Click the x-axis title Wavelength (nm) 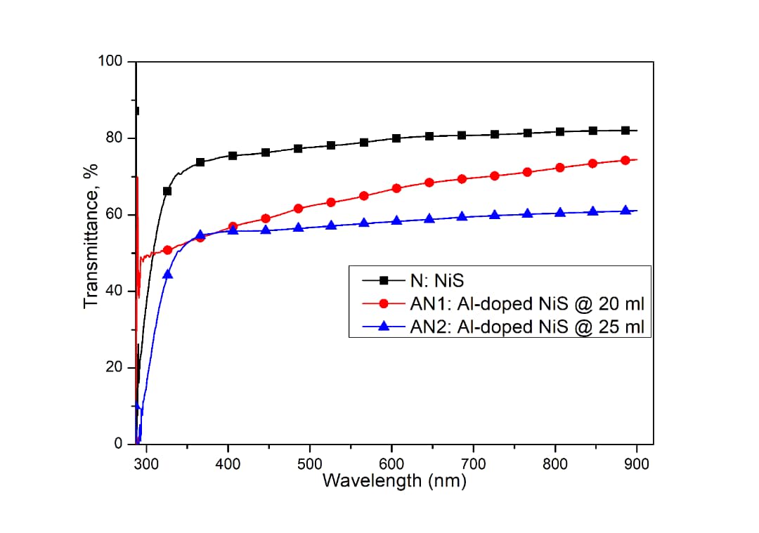[394, 481]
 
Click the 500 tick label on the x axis [310, 463]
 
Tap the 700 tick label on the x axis [474, 463]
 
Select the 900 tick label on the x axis [637, 463]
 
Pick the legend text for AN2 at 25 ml [527, 327]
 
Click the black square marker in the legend [383, 281]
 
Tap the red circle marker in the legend [383, 304]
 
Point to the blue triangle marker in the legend [383, 327]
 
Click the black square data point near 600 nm [396, 138]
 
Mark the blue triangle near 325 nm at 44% [167, 274]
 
